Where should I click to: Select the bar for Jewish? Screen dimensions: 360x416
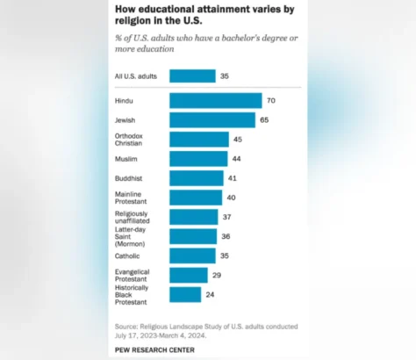pyautogui.click(x=212, y=120)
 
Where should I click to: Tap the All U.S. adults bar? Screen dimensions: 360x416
pyautogui.click(x=191, y=76)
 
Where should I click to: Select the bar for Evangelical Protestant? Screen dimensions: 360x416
pyautogui.click(x=188, y=276)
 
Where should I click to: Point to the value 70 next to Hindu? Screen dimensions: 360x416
pyautogui.click(x=270, y=101)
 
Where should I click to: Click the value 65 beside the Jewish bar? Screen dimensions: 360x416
pyautogui.click(x=264, y=120)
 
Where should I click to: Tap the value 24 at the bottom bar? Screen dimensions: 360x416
pyautogui.click(x=211, y=295)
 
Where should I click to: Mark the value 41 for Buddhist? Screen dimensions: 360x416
pyautogui.click(x=232, y=178)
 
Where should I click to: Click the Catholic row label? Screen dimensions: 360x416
pyautogui.click(x=128, y=256)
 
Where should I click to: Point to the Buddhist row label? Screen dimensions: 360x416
pyautogui.click(x=129, y=178)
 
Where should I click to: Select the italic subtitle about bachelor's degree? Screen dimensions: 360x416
pyautogui.click(x=201, y=44)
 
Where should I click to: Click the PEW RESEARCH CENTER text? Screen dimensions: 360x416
pyautogui.click(x=161, y=349)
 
